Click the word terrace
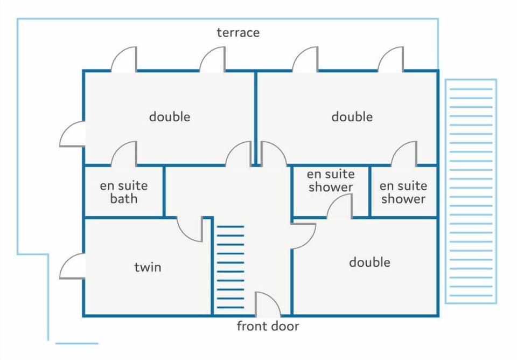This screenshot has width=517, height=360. (x=238, y=33)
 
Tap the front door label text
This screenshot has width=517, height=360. (x=268, y=326)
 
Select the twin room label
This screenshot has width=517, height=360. (x=148, y=267)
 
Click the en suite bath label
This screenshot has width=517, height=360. (x=124, y=192)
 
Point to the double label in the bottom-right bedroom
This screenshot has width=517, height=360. (x=369, y=262)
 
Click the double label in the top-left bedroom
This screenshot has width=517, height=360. (x=170, y=116)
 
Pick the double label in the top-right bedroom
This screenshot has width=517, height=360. (x=352, y=116)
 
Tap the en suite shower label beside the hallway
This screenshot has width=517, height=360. (x=331, y=181)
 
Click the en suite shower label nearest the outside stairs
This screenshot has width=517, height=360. (x=403, y=192)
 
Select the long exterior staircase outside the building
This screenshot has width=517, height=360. (x=471, y=191)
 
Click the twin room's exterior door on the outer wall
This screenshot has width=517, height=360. (x=72, y=266)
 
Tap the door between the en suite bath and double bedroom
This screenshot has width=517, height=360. (x=124, y=153)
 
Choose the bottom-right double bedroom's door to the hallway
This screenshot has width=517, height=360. (x=303, y=236)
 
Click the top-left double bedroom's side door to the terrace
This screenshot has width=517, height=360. (x=72, y=134)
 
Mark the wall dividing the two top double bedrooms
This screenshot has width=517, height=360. (x=255, y=118)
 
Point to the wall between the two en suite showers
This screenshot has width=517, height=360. (x=369, y=191)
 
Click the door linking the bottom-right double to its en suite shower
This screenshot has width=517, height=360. (x=340, y=206)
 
